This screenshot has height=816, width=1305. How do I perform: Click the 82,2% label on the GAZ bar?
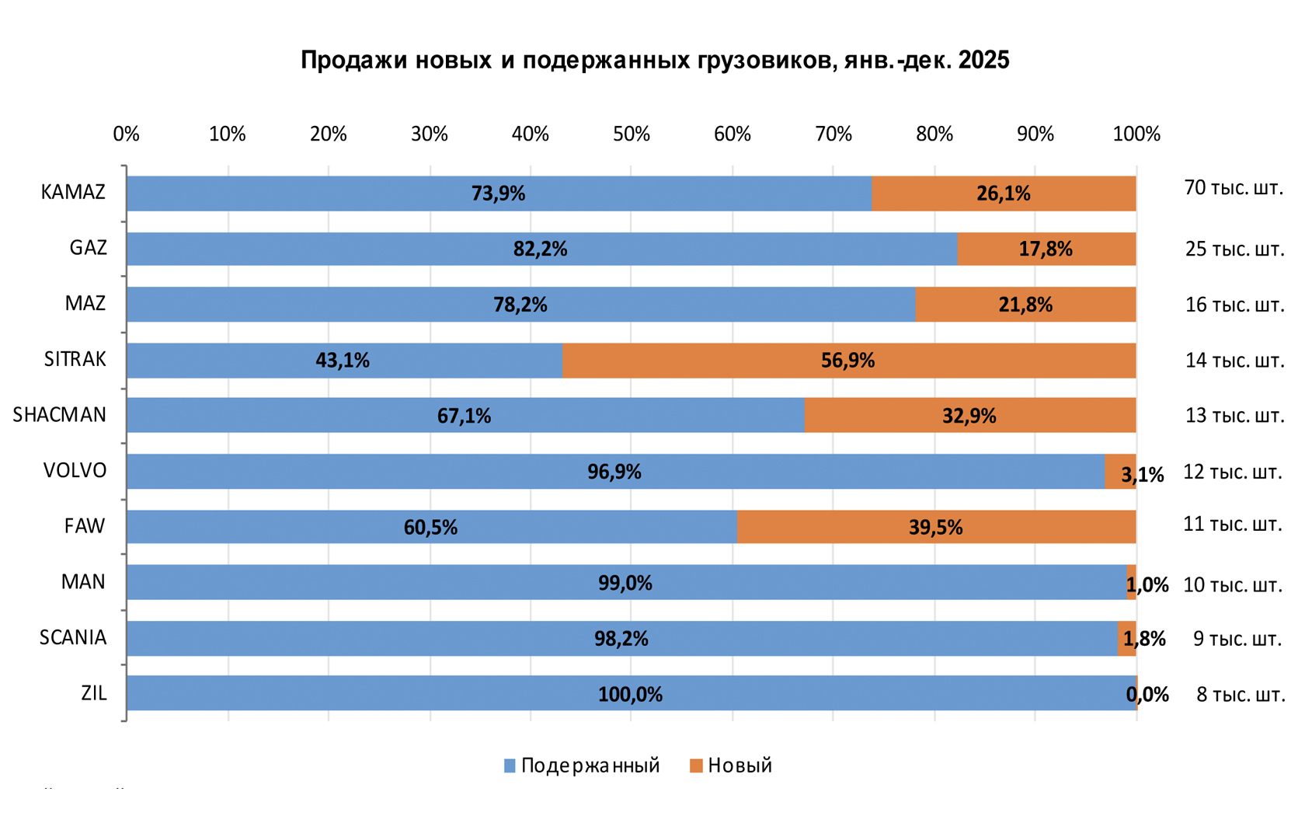540,249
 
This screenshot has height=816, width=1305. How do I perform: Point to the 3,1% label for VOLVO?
1143,474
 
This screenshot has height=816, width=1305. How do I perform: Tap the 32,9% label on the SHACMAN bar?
969,417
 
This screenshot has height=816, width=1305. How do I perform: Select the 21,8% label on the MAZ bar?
1025,305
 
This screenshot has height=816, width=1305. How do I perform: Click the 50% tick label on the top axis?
631,134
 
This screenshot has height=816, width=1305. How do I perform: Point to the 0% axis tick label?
126,134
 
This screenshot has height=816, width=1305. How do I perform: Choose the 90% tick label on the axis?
1035,134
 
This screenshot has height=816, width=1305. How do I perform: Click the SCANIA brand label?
73,638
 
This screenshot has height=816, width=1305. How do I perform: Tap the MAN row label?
83,582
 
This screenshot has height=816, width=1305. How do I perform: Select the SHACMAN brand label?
60,415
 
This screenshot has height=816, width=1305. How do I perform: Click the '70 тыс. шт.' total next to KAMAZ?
1234,188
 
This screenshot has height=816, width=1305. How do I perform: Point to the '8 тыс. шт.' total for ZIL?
1240,695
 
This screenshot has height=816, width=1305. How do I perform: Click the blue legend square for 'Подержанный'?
510,766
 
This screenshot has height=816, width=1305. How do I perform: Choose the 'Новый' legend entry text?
739,765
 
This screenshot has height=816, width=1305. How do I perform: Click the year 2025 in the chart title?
983,60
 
